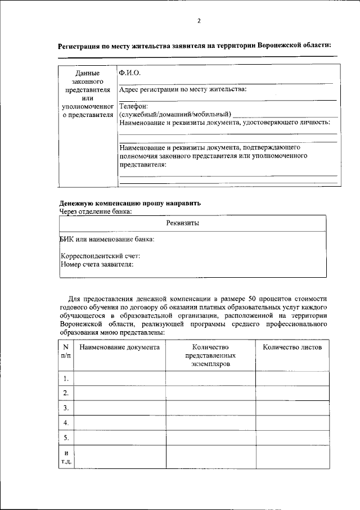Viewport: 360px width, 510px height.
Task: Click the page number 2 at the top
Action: click(199, 21)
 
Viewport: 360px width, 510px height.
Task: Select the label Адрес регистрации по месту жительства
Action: click(183, 89)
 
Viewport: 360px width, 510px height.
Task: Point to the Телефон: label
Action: click(133, 106)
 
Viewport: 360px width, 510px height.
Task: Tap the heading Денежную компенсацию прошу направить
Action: click(129, 203)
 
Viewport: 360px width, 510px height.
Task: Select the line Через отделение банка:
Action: click(96, 211)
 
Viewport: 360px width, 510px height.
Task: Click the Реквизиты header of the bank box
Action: click(183, 223)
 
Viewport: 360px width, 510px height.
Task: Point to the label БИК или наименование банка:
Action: click(107, 240)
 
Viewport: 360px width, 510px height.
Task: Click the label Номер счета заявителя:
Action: click(97, 264)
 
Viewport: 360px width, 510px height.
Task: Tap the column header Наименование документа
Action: click(119, 347)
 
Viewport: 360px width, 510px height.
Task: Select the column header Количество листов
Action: click(292, 347)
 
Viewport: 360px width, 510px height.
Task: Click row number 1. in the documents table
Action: click(66, 378)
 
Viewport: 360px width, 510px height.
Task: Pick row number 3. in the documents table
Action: click(66, 408)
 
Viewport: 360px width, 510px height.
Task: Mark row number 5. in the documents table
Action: click(66, 437)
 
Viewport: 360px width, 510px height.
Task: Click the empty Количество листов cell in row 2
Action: click(292, 393)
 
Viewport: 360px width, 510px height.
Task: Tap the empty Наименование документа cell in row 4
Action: click(119, 422)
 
